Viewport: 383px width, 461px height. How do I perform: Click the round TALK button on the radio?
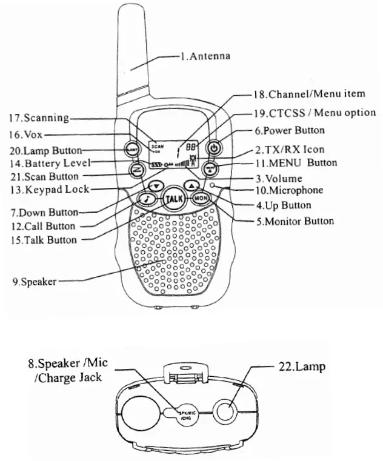174,199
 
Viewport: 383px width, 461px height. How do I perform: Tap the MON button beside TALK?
201,198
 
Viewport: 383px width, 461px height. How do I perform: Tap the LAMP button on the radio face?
131,148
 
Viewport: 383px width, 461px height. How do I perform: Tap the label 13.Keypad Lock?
49,189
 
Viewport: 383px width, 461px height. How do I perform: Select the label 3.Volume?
278,179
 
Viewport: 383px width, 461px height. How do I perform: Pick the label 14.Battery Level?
49,163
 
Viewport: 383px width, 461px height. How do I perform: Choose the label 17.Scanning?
38,118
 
